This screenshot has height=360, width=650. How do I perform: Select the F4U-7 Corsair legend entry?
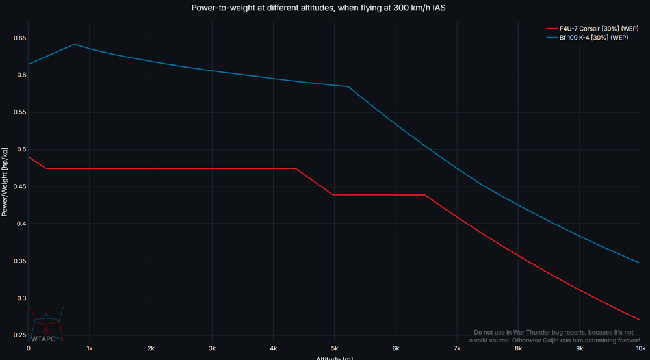[592, 29]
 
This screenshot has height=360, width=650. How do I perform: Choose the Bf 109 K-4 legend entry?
[591, 38]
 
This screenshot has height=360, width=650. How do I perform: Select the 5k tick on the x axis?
[334, 348]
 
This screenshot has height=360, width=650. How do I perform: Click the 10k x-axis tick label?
[640, 348]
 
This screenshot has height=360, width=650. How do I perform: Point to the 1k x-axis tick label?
[90, 348]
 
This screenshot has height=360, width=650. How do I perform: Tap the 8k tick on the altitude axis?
[518, 348]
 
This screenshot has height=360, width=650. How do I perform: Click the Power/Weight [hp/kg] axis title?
[5, 182]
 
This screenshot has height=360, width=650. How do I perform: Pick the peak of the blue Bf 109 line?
[75, 44]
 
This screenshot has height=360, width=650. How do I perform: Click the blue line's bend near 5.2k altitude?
[348, 86]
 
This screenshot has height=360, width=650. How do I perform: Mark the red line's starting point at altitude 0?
[29, 157]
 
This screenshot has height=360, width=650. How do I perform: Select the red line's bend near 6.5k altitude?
[426, 195]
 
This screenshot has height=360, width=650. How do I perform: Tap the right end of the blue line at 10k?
[640, 263]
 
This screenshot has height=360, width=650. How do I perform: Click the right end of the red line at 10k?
[640, 320]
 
